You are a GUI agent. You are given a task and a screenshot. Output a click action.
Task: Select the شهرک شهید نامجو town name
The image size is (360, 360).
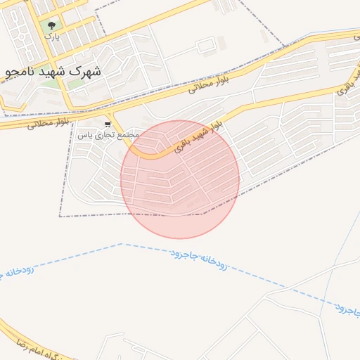52,72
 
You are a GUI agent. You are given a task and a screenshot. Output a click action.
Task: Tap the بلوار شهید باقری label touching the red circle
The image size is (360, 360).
200,133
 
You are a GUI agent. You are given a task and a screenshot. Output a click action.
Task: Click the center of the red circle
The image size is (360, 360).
180,179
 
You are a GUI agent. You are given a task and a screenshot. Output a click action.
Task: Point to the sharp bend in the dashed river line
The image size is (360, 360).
122,244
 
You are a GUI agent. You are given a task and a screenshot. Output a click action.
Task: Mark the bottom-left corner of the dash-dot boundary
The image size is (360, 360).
60,216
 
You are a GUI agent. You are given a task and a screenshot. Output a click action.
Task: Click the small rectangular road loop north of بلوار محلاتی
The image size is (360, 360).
206,46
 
